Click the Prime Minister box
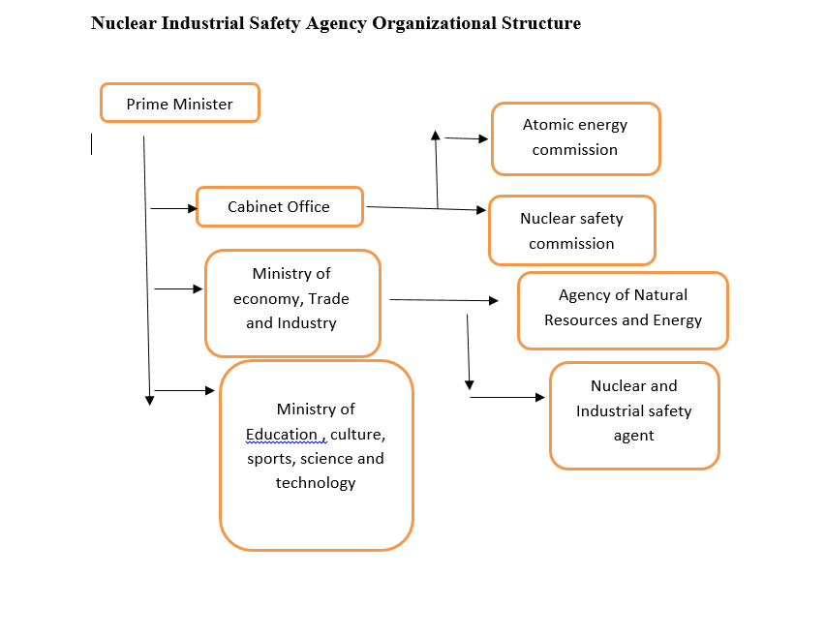click(179, 104)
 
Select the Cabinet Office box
click(279, 206)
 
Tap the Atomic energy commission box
click(575, 137)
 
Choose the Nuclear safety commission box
click(571, 230)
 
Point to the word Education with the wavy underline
click(282, 434)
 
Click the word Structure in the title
click(536, 23)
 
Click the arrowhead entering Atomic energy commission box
click(483, 139)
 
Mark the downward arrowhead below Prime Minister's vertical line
click(149, 399)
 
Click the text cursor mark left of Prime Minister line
click(92, 144)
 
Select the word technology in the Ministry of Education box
click(316, 482)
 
